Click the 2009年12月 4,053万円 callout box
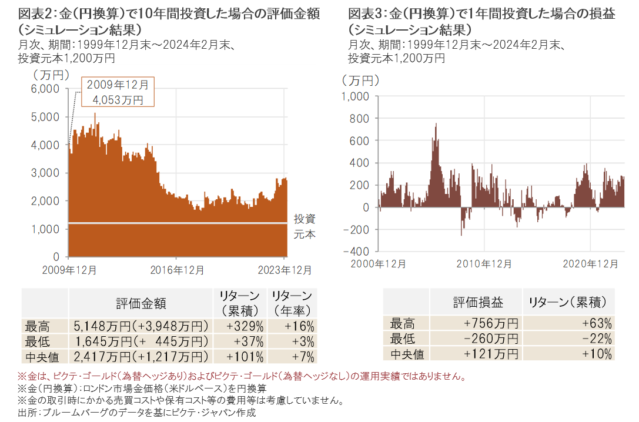pos(118,92)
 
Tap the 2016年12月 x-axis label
pos(178,270)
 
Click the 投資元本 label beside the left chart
pos(305,226)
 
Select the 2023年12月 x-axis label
pos(285,270)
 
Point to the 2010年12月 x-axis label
pos(484,264)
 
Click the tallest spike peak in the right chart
pos(436,124)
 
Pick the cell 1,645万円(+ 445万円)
pos(140,341)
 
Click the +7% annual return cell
pos(291,356)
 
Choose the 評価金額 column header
pos(140,303)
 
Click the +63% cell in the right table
pos(568,323)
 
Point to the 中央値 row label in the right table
pos(407,354)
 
